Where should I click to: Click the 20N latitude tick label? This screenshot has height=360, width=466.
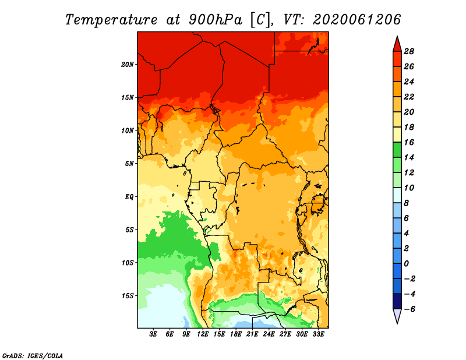pos(128,65)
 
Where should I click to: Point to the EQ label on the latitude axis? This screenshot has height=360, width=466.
pos(129,197)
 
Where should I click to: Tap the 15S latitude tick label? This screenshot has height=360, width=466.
pos(128,296)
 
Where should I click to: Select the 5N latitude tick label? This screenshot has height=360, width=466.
pos(129,164)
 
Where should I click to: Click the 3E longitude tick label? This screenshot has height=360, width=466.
pos(153,334)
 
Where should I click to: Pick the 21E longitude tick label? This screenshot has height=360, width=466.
pos(252,334)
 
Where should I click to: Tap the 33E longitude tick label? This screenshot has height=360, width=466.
pos(318,334)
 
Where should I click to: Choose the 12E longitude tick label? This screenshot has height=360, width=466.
pos(203,334)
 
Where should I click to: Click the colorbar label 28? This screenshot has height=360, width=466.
pos(409,51)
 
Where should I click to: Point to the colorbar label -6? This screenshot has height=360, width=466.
pos(409,309)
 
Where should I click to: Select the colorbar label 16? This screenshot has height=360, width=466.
pos(409,142)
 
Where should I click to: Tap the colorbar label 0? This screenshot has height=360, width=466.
pos(406,264)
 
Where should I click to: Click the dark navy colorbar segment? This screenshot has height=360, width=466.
pos(397,301)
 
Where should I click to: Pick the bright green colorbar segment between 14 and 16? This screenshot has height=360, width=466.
pos(397,150)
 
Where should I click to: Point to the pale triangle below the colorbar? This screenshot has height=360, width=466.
pos(397,315)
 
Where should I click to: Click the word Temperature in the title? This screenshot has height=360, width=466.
pos(111,20)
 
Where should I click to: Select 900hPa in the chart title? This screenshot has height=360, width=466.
pos(216,20)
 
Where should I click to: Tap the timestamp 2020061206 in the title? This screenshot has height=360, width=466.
pos(357,20)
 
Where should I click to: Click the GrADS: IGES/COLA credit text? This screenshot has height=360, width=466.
pos(33,356)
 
